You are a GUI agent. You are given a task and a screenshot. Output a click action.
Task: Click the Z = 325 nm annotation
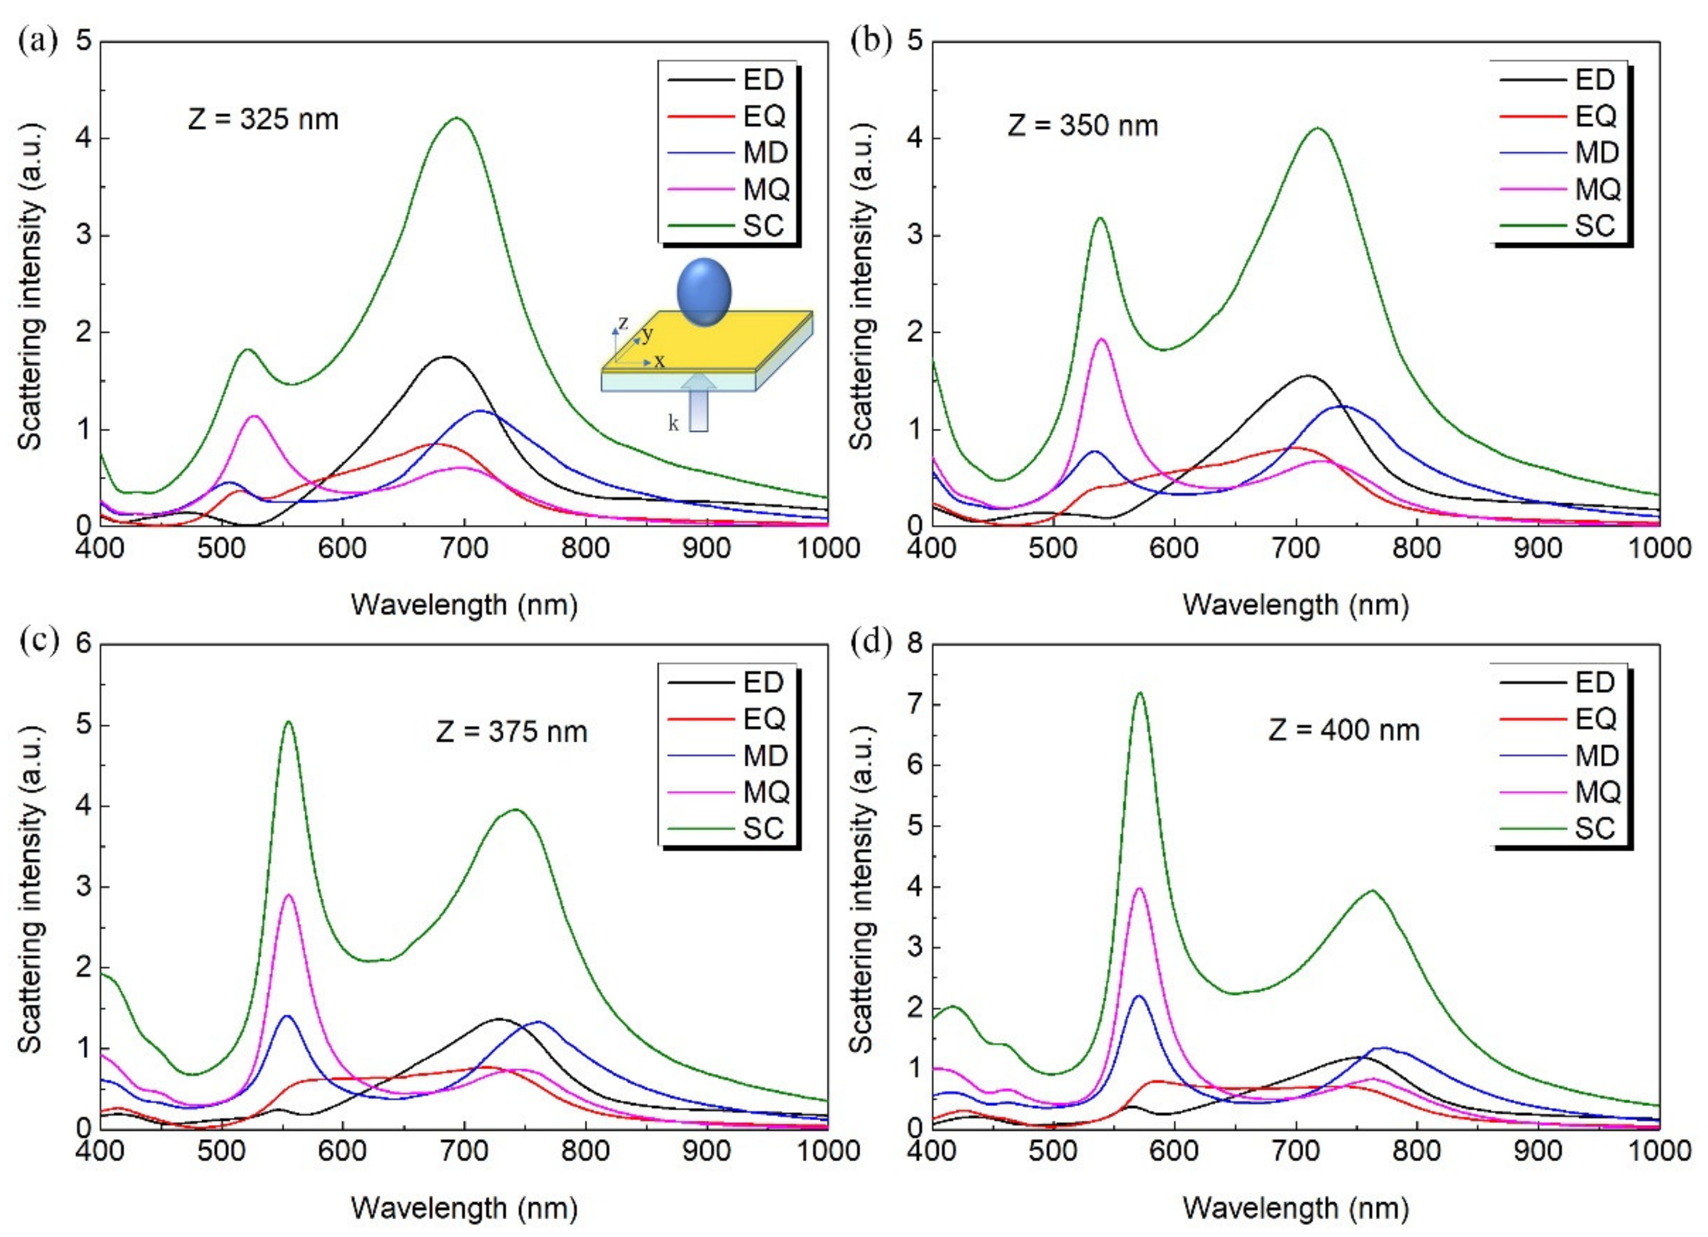tap(263, 119)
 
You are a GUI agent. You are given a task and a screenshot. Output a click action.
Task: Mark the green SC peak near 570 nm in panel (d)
tap(1139, 693)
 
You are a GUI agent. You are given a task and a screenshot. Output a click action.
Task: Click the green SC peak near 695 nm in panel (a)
tap(457, 118)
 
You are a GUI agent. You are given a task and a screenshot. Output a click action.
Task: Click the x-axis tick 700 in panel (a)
tap(465, 548)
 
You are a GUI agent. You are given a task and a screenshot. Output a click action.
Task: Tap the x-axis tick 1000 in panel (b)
tap(1658, 548)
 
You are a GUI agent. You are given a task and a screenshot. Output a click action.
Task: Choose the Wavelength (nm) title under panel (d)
tap(1296, 1208)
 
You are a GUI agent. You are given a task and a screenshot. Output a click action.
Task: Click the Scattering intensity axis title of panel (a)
tap(30, 285)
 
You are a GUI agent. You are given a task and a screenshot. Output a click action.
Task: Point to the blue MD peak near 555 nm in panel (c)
tap(287, 1017)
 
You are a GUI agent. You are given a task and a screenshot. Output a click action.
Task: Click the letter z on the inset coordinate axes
tap(623, 324)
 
